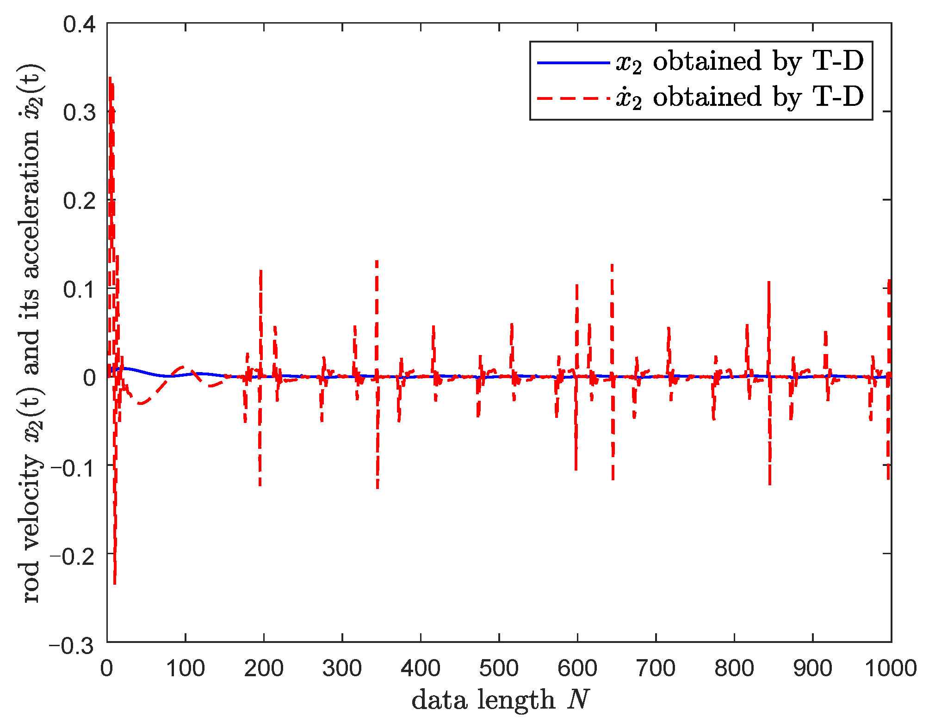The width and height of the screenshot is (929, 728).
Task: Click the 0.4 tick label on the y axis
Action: [x=79, y=24]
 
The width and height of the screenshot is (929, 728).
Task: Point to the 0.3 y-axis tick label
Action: [x=79, y=112]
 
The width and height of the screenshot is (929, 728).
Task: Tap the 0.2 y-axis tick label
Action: [x=79, y=201]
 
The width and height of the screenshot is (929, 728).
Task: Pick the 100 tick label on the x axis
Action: [x=185, y=668]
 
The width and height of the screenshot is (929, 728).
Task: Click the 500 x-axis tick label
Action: [x=499, y=668]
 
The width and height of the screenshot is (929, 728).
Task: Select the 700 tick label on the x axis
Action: [x=656, y=668]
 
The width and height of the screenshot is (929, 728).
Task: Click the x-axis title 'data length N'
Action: [x=500, y=699]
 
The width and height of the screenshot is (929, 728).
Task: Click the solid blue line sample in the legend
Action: [x=573, y=62]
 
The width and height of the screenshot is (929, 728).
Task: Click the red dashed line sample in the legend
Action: [x=573, y=98]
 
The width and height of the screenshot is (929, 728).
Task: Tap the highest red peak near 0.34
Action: [x=110, y=79]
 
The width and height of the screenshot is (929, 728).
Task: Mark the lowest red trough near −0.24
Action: [x=115, y=583]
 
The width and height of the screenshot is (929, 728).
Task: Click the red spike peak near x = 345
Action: [x=377, y=262]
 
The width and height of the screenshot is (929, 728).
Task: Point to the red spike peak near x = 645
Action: [x=612, y=265]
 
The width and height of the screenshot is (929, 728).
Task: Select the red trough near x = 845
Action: [x=770, y=483]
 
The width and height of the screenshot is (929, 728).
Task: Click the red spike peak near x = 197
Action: [x=261, y=271]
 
